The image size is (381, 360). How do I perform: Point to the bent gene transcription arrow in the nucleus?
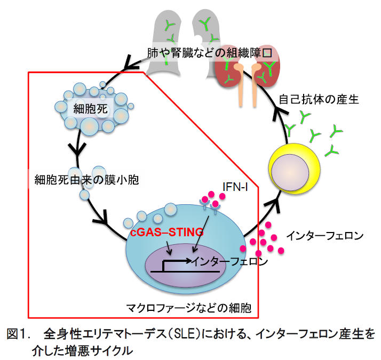[x=176, y=262]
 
